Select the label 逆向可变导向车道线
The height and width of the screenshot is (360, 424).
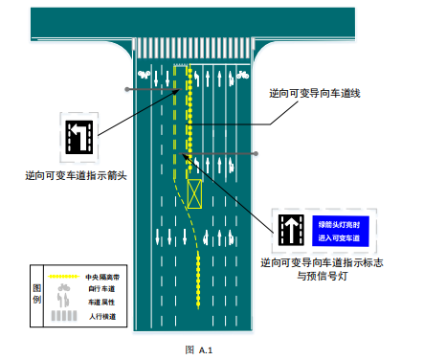click(321, 94)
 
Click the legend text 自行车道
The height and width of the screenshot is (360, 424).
click(100, 288)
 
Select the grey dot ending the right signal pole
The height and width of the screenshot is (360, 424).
click(257, 153)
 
